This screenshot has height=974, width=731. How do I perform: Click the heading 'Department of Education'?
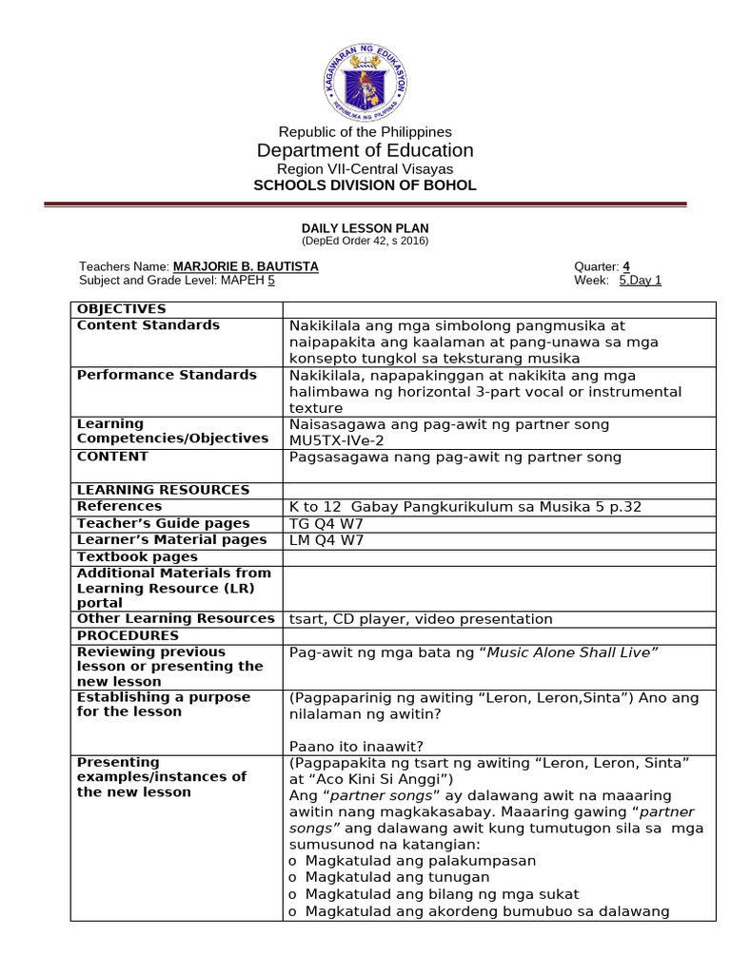coord(365,150)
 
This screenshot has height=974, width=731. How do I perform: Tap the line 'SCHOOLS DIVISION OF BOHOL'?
coord(365,185)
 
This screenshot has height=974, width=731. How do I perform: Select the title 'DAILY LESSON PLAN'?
coord(365,228)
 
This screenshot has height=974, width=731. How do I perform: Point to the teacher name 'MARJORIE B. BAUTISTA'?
coord(246,266)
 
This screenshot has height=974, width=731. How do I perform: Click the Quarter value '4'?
coord(626,266)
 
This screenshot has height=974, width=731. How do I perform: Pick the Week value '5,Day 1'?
coord(640,281)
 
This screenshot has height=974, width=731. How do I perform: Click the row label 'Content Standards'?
coord(148,325)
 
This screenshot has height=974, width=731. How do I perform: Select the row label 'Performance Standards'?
coord(167,375)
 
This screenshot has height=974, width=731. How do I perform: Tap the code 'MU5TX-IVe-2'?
coord(338,440)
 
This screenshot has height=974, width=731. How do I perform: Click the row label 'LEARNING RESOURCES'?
coord(163,490)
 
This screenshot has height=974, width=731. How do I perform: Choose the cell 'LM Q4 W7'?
coord(321,540)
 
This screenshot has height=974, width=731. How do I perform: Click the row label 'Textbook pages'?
coord(137,556)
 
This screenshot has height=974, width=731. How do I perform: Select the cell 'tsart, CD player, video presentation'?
coord(420,619)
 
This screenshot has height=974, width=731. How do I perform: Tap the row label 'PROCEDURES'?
coord(128,635)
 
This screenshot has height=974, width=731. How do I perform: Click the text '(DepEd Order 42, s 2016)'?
coord(365,241)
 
